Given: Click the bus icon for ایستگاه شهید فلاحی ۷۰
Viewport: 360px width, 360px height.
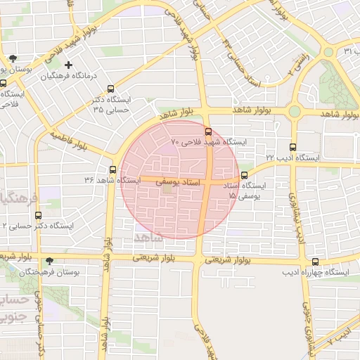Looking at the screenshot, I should [207, 131].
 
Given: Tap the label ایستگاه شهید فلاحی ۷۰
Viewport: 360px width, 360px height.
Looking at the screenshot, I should [210, 142].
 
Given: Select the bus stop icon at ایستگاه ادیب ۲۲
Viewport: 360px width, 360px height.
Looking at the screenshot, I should [293, 147].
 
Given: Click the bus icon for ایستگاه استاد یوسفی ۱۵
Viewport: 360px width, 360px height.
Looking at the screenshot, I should [244, 176].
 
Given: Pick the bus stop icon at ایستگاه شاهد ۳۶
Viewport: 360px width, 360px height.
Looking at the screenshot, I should [112, 169].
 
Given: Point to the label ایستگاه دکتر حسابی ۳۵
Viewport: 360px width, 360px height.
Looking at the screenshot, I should [111, 105].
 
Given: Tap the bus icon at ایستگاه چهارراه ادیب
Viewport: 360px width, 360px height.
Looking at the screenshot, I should [314, 261].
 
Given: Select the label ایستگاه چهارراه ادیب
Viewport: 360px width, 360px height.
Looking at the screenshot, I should [316, 271].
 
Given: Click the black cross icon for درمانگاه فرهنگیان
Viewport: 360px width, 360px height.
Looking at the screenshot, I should [68, 65].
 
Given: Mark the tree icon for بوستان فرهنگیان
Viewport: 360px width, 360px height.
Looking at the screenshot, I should [49, 261].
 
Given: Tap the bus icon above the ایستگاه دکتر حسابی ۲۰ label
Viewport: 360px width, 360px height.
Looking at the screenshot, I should [37, 216].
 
